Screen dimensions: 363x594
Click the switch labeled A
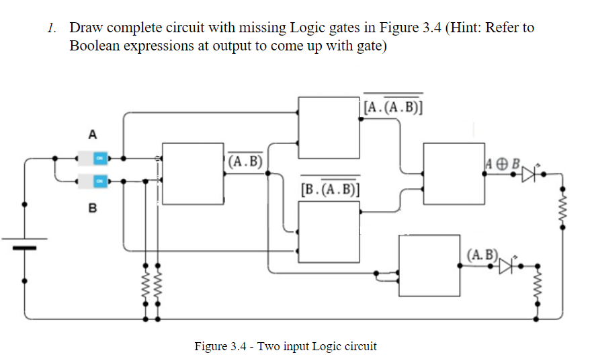(99, 159)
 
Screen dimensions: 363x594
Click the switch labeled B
(99, 181)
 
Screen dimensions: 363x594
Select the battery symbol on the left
(26, 242)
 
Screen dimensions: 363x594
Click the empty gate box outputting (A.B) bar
(192, 173)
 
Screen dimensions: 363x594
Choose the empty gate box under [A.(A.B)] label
(329, 127)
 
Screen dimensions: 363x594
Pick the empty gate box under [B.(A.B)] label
(329, 231)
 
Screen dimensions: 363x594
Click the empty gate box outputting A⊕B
(454, 173)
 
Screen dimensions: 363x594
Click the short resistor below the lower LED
(537, 288)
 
